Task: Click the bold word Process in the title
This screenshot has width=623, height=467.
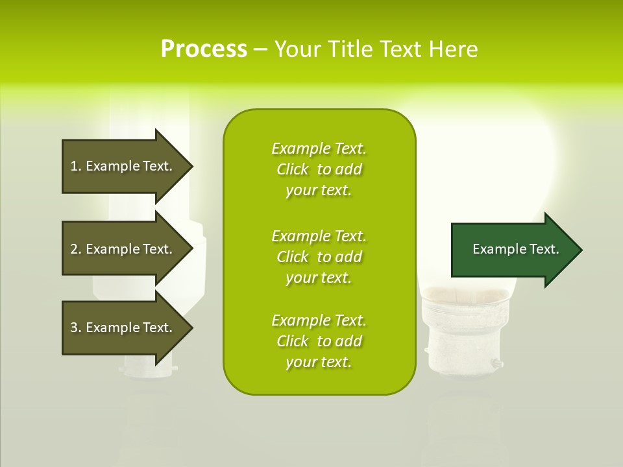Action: pos(204,49)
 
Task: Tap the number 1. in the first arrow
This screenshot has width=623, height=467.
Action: pos(76,166)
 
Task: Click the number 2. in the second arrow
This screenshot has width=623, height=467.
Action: pos(76,249)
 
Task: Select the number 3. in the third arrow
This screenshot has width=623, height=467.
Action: pos(76,328)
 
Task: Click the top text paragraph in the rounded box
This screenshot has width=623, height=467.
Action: pos(319,169)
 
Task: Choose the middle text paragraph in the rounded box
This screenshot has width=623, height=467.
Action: pos(319,257)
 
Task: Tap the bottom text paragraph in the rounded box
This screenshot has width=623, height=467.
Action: pos(319,341)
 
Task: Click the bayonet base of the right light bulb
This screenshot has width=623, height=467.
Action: pos(462,347)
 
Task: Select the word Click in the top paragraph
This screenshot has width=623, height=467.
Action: pos(292,169)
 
